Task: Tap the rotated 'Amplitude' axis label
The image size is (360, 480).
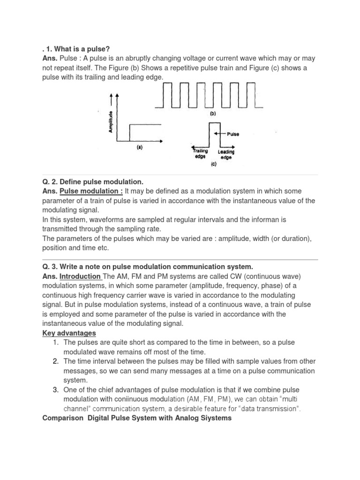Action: tap(111, 121)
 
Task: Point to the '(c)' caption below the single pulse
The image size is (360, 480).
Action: tap(213, 165)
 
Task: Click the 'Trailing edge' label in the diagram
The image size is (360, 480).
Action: tap(200, 154)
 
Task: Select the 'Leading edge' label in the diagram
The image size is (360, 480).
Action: tap(226, 154)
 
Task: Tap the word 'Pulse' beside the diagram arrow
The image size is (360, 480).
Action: tap(233, 134)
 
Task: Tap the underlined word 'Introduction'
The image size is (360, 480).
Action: tap(80, 277)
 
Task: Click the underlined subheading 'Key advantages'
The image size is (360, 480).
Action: tap(69, 333)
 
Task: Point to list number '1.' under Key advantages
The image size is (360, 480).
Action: tap(55, 343)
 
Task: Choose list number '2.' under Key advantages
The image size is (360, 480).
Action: tap(55, 361)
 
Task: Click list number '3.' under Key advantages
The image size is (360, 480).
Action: tap(55, 390)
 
